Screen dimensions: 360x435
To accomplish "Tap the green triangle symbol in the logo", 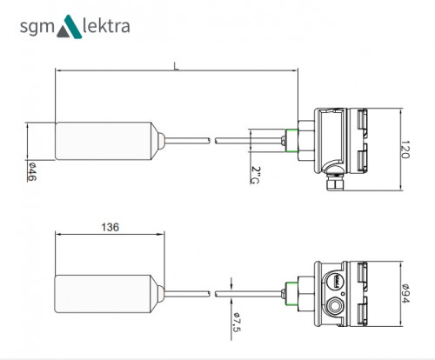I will click(x=69, y=28).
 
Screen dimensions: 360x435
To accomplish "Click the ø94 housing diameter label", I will click(x=406, y=297).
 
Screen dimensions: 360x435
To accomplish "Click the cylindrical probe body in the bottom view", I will click(x=104, y=295).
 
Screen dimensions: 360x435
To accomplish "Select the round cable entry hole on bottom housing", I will click(x=336, y=305).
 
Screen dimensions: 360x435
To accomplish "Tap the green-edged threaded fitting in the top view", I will click(x=288, y=140).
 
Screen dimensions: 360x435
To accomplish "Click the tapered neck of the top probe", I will click(x=160, y=141).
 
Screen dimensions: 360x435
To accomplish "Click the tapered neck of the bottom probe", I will click(x=160, y=295).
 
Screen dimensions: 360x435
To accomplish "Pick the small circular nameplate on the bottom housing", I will click(x=332, y=280).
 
